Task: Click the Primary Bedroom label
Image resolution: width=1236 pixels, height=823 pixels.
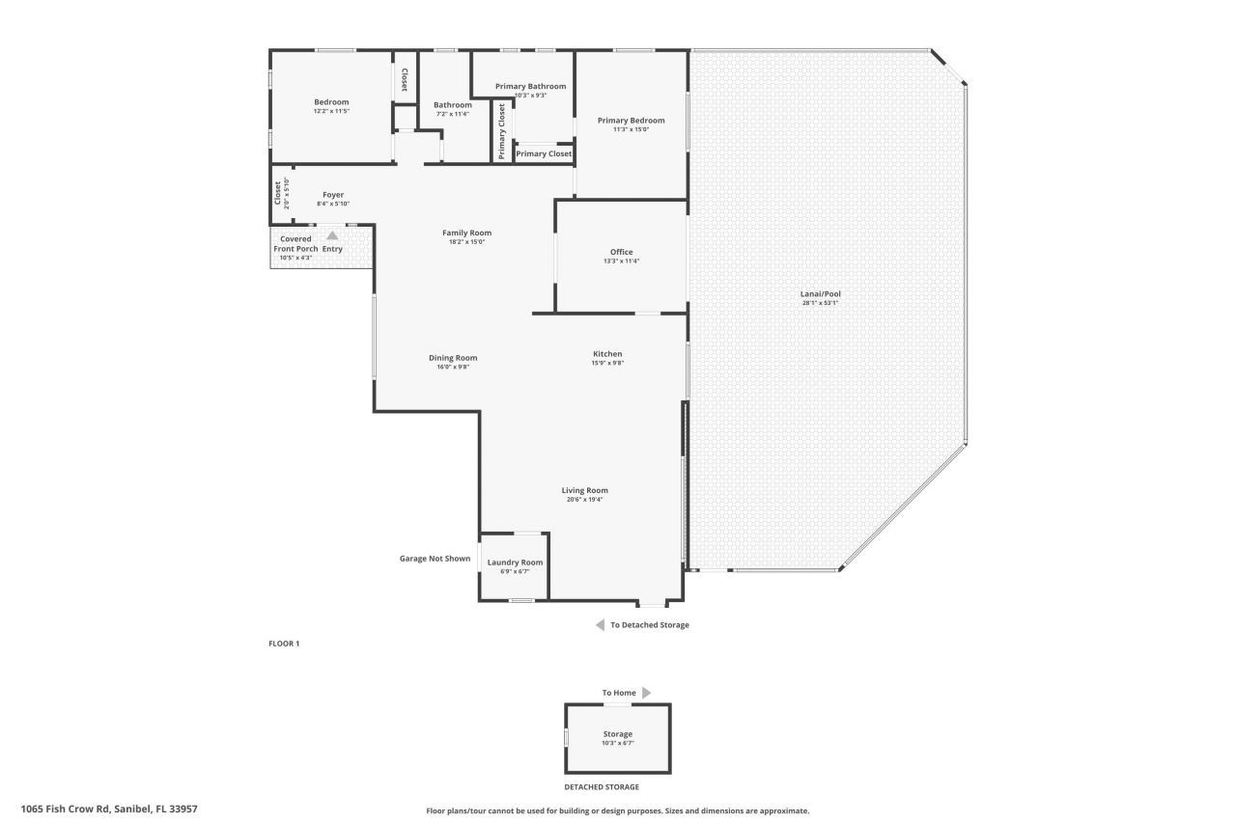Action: pyautogui.click(x=631, y=121)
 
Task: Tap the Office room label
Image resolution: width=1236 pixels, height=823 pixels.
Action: pyautogui.click(x=621, y=253)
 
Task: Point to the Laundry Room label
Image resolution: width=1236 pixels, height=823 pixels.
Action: pyautogui.click(x=515, y=562)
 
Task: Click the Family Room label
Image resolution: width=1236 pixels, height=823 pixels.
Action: pyautogui.click(x=466, y=233)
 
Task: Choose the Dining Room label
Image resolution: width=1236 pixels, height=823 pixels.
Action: pyautogui.click(x=453, y=358)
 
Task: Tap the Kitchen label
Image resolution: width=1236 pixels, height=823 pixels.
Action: pyautogui.click(x=607, y=354)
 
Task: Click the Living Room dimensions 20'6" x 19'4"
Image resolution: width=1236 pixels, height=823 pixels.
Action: pyautogui.click(x=584, y=500)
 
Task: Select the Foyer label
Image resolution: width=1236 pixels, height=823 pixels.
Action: pyautogui.click(x=333, y=195)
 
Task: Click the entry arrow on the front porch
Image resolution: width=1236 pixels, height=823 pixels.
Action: pyautogui.click(x=332, y=234)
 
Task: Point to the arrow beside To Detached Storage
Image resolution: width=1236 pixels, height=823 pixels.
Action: pyautogui.click(x=600, y=625)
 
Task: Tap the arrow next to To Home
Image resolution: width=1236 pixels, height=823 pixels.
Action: pyautogui.click(x=646, y=693)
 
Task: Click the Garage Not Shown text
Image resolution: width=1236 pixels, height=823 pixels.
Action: pyautogui.click(x=435, y=559)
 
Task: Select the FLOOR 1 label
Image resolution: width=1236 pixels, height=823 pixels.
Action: pyautogui.click(x=284, y=644)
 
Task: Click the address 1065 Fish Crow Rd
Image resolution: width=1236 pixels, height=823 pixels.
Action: pyautogui.click(x=108, y=809)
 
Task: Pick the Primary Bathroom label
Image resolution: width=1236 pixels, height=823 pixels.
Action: pyautogui.click(x=530, y=86)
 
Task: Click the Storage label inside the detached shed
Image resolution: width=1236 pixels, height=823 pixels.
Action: pyautogui.click(x=617, y=734)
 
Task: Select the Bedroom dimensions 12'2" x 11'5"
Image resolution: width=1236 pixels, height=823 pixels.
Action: pyautogui.click(x=331, y=111)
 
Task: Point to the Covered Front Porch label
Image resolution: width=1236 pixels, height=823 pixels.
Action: pyautogui.click(x=295, y=243)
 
